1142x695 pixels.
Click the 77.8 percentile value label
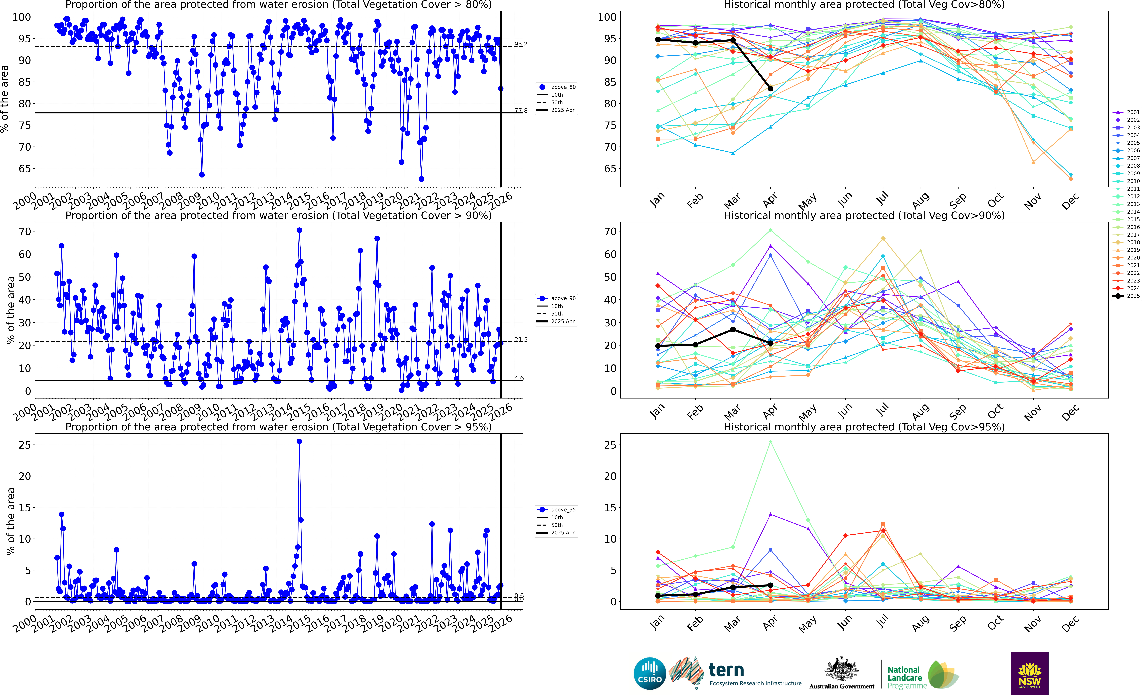click(520, 111)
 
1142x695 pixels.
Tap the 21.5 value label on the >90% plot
click(520, 340)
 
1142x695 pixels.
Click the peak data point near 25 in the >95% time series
click(299, 442)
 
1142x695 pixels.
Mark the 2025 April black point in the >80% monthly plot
click(770, 88)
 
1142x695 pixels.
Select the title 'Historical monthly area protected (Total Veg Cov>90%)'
click(864, 216)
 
